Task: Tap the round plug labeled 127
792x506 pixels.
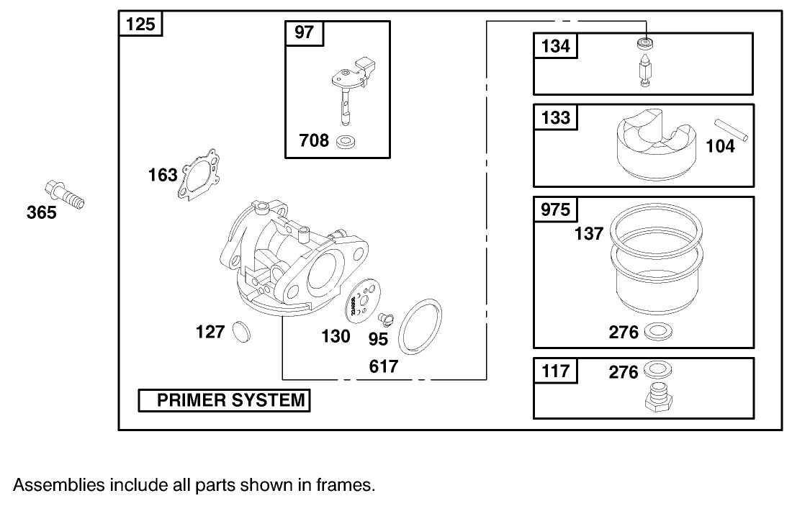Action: point(240,332)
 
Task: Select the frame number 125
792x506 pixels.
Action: point(140,24)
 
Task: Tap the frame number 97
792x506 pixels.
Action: point(305,32)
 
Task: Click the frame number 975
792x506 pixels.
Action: point(555,209)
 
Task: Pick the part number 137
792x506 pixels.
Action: point(589,234)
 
